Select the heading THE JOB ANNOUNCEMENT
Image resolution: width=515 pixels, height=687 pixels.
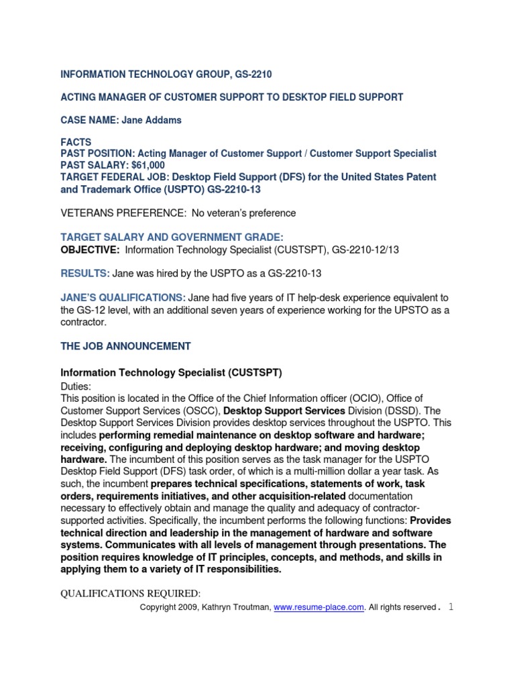tap(125, 346)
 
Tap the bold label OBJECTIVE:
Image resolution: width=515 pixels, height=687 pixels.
tap(90, 250)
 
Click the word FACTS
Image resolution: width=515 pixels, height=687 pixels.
tap(76, 143)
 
